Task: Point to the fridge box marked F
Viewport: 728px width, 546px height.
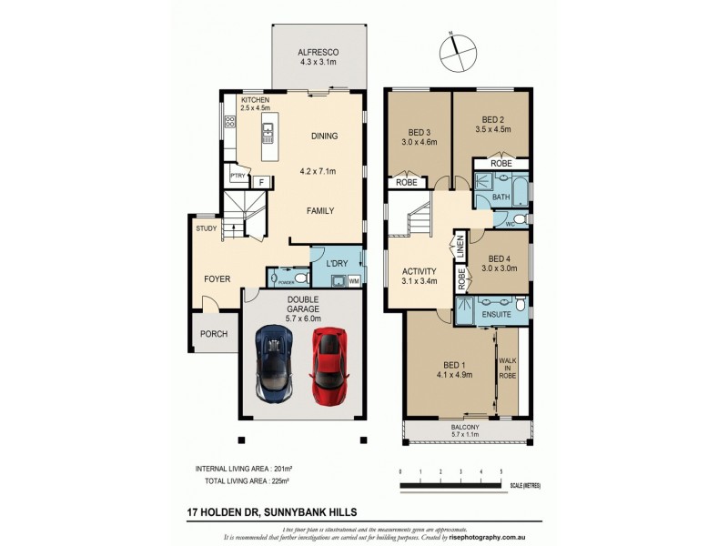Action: (x=262, y=182)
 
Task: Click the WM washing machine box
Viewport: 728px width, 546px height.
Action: (x=353, y=281)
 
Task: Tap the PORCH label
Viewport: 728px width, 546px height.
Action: (x=215, y=334)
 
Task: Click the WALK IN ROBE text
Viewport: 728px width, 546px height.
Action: (x=508, y=367)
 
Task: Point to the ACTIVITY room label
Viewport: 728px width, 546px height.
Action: (x=420, y=271)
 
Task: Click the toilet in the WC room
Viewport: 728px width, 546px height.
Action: (x=519, y=219)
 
